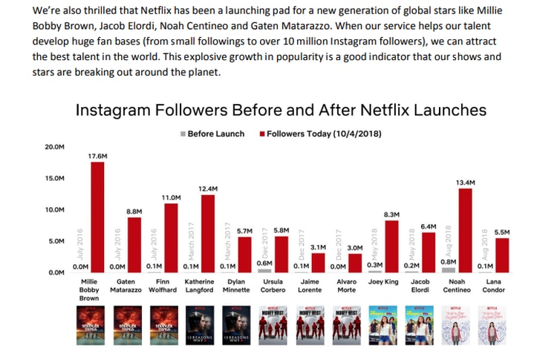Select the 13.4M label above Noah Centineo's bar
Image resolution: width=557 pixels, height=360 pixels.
(x=466, y=181)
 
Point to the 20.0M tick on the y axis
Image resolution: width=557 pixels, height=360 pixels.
(x=54, y=147)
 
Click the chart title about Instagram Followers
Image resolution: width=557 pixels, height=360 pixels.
(x=281, y=111)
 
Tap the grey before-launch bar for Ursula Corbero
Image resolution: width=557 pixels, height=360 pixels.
(x=265, y=270)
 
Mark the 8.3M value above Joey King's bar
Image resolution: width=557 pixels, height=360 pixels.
(x=392, y=214)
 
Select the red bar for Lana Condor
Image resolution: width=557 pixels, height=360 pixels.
(x=502, y=255)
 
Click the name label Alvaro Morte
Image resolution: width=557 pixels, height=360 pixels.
(x=348, y=287)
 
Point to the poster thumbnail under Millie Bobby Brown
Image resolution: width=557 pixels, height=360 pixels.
(x=88, y=326)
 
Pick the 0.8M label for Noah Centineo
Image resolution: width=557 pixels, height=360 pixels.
(x=449, y=261)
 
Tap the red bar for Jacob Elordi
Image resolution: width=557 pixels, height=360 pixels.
(x=429, y=252)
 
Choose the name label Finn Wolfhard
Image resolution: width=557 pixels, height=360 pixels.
(x=162, y=287)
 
